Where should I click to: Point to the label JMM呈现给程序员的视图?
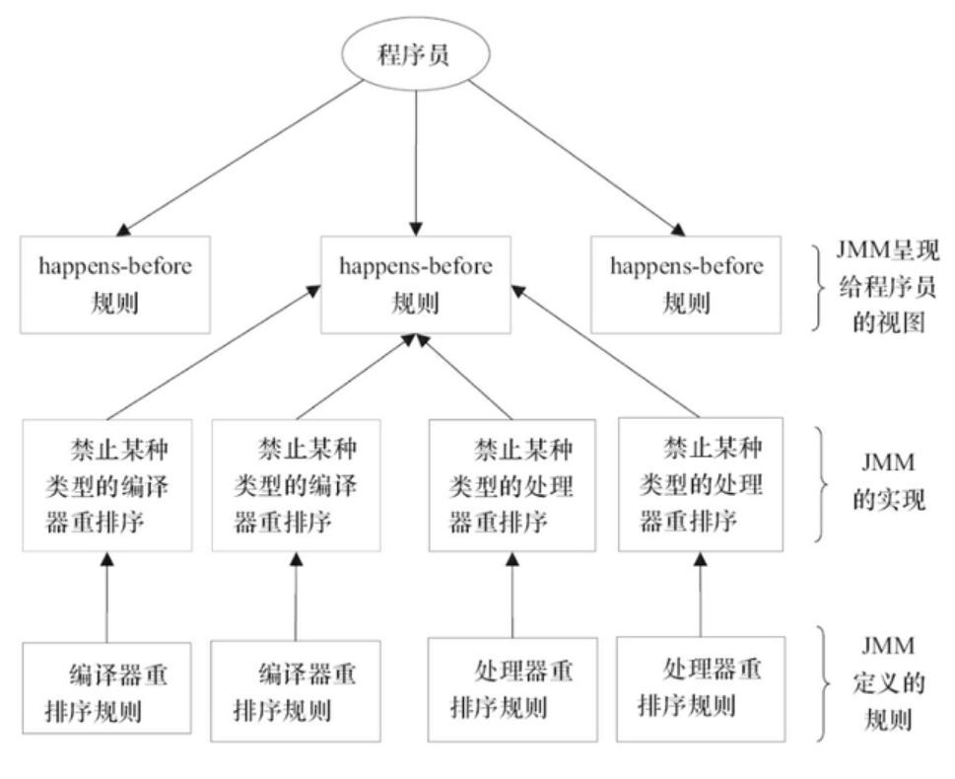tap(888, 287)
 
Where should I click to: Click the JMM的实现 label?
tap(888, 481)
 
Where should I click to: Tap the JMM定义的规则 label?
tap(888, 682)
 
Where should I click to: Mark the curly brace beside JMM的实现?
tap(821, 484)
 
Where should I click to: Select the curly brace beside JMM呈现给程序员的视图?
tap(820, 288)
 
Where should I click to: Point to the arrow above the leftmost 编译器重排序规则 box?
tap(107, 597)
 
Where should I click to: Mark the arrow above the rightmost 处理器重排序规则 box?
tap(701, 595)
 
